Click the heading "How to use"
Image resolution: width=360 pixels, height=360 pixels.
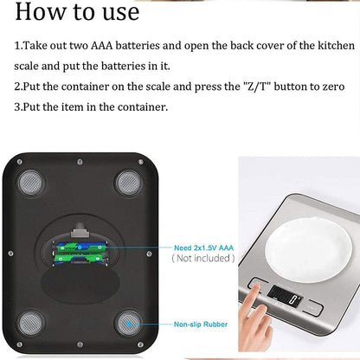[x=77, y=12]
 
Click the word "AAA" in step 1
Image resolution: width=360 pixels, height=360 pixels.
[x=126, y=44]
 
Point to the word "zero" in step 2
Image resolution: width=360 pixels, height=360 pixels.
[x=331, y=86]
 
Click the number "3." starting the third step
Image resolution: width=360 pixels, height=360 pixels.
[x=20, y=106]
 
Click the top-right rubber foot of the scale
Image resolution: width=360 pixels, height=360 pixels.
[x=129, y=181]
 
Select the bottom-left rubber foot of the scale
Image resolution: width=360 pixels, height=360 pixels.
[x=30, y=323]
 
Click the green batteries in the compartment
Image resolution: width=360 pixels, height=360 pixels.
[x=79, y=252]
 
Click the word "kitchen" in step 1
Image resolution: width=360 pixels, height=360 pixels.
[x=334, y=44]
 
